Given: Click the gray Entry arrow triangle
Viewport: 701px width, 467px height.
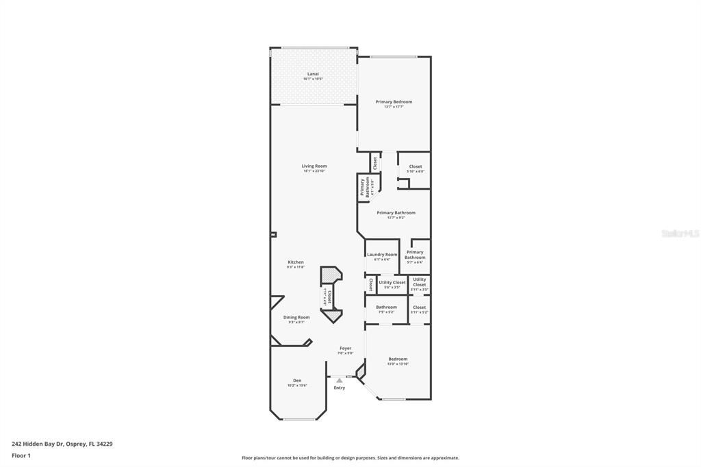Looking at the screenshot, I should (339, 380).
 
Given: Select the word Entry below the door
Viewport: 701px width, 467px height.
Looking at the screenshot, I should (340, 388).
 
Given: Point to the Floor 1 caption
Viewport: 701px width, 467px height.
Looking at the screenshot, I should (21, 455).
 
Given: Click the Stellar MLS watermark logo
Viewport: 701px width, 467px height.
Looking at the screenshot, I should (679, 233).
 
